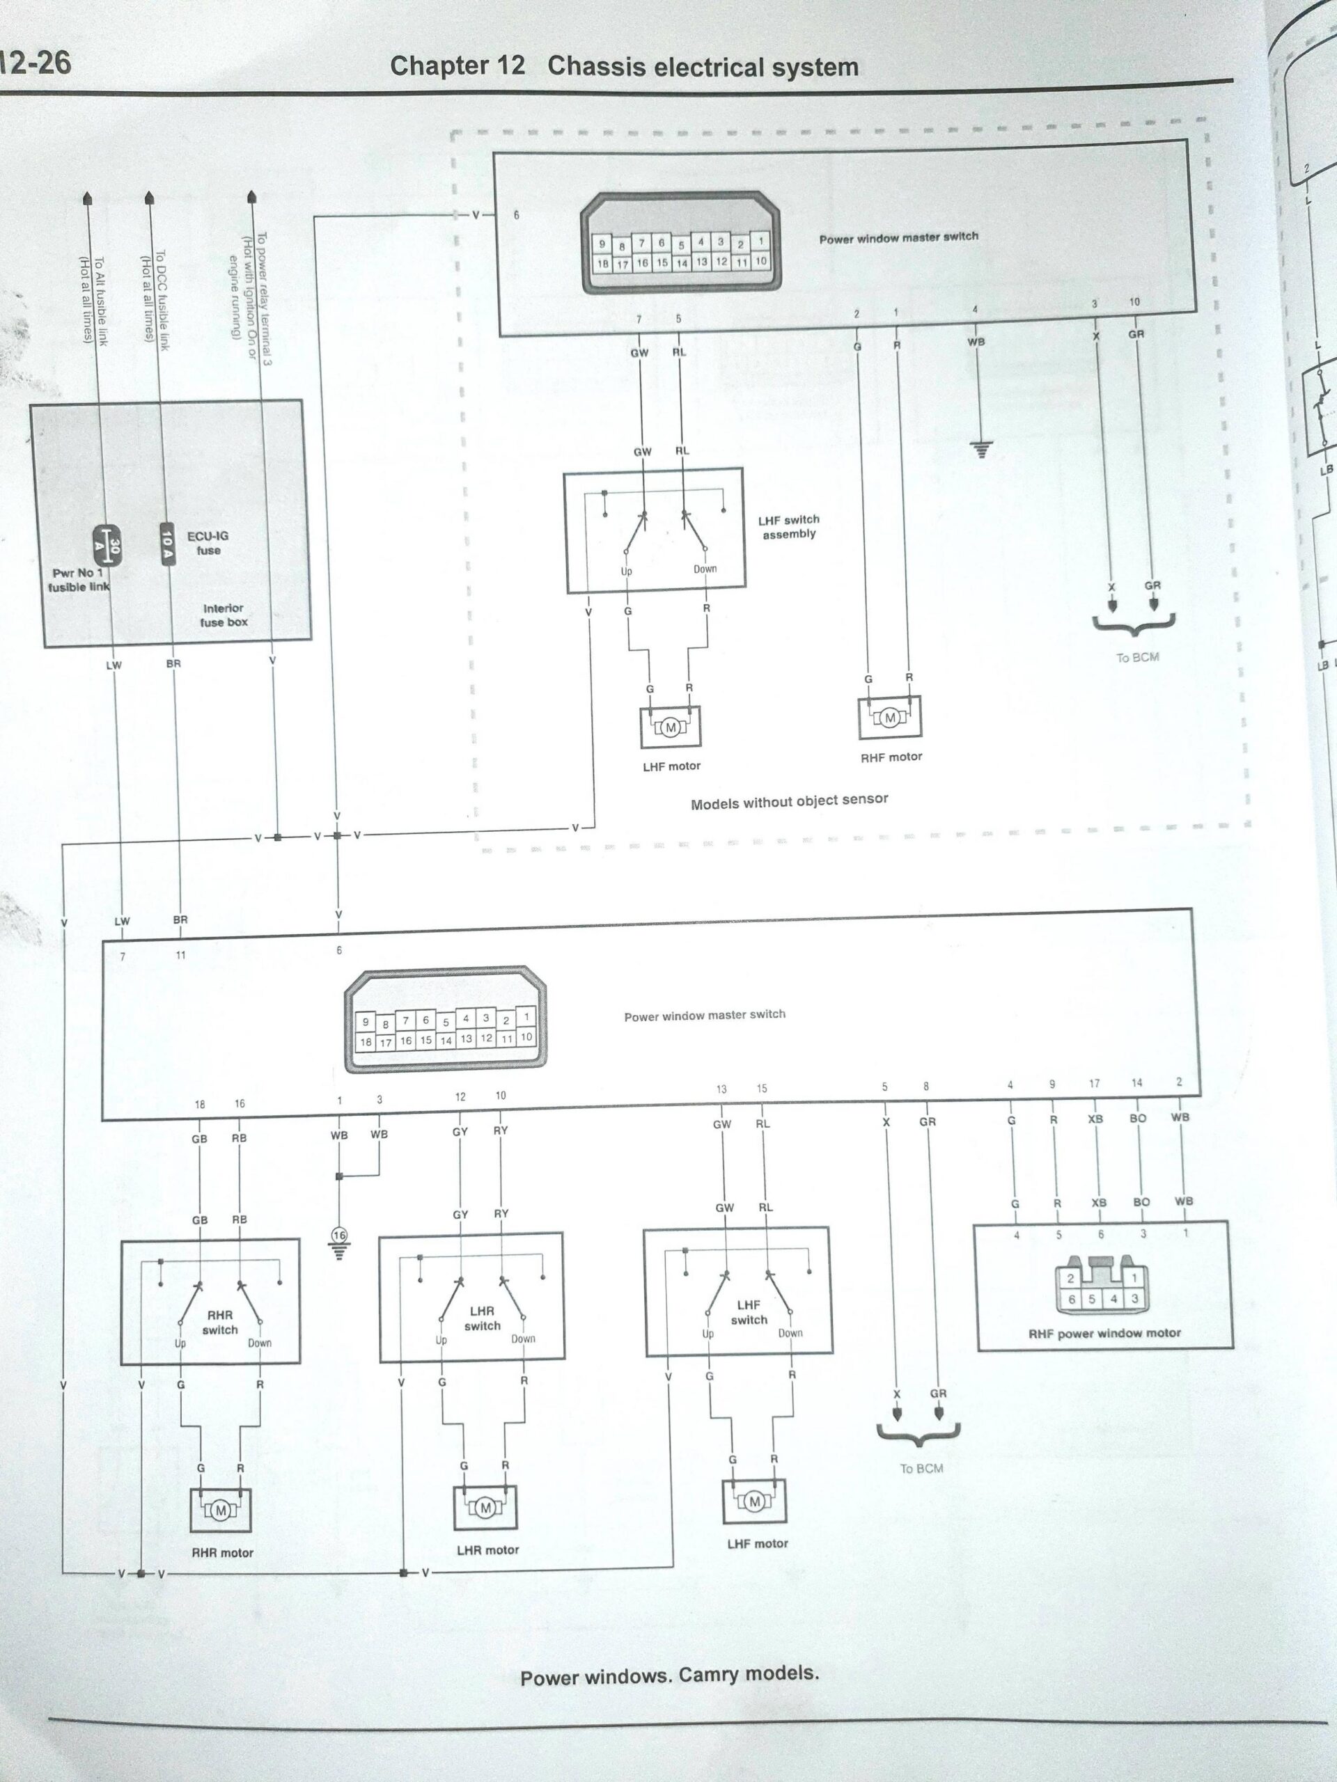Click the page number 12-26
tap(36, 63)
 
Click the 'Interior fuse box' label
tap(224, 615)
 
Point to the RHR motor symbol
tap(220, 1511)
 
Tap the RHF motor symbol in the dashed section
tap(890, 718)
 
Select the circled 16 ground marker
tap(339, 1235)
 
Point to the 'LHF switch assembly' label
tap(788, 527)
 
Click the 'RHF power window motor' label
tap(1104, 1333)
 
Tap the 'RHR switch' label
tap(219, 1322)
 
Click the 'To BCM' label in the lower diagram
tap(921, 1469)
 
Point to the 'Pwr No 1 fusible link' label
tap(78, 580)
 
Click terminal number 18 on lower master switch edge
tap(199, 1105)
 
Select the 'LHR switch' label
tap(482, 1318)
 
